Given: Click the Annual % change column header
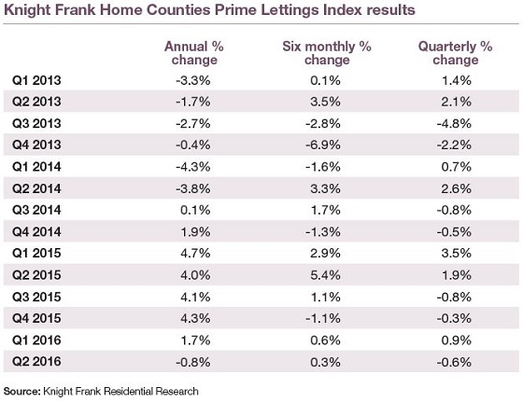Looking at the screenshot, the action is pyautogui.click(x=194, y=53).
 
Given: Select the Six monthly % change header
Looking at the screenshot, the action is pyautogui.click(x=327, y=53).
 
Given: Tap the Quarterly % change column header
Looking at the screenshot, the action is pyautogui.click(x=456, y=53).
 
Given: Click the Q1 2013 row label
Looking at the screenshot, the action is pyautogui.click(x=36, y=80).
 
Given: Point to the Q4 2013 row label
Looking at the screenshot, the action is pyautogui.click(x=36, y=145).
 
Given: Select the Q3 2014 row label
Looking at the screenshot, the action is pyautogui.click(x=36, y=210).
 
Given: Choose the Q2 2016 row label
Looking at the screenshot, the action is pyautogui.click(x=36, y=362).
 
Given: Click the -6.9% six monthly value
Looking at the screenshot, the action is pyautogui.click(x=323, y=145).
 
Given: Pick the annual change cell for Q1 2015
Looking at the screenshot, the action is pyautogui.click(x=195, y=253).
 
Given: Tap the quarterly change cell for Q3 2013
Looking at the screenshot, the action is pyautogui.click(x=454, y=123).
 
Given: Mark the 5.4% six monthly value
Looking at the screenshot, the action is pyautogui.click(x=325, y=275).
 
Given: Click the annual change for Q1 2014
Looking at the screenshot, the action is pyautogui.click(x=193, y=167).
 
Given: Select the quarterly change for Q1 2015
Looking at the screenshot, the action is pyautogui.click(x=457, y=253).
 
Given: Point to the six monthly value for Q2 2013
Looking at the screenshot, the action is pyautogui.click(x=325, y=102).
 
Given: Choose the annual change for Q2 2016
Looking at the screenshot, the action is pyautogui.click(x=193, y=362).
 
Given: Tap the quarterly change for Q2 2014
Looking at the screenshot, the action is pyautogui.click(x=457, y=188).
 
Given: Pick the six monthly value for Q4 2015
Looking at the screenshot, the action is pyautogui.click(x=323, y=318).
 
